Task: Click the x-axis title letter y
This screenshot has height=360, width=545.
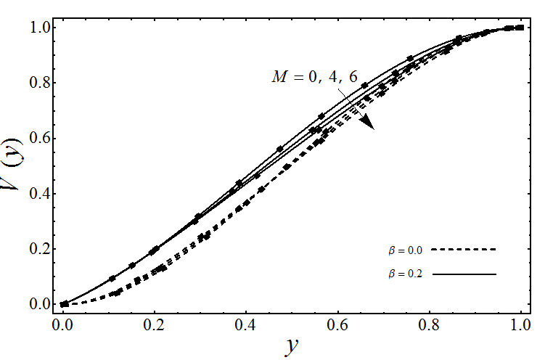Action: point(291,346)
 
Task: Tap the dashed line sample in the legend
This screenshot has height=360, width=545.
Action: point(463,250)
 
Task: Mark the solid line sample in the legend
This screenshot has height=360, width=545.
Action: point(463,274)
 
